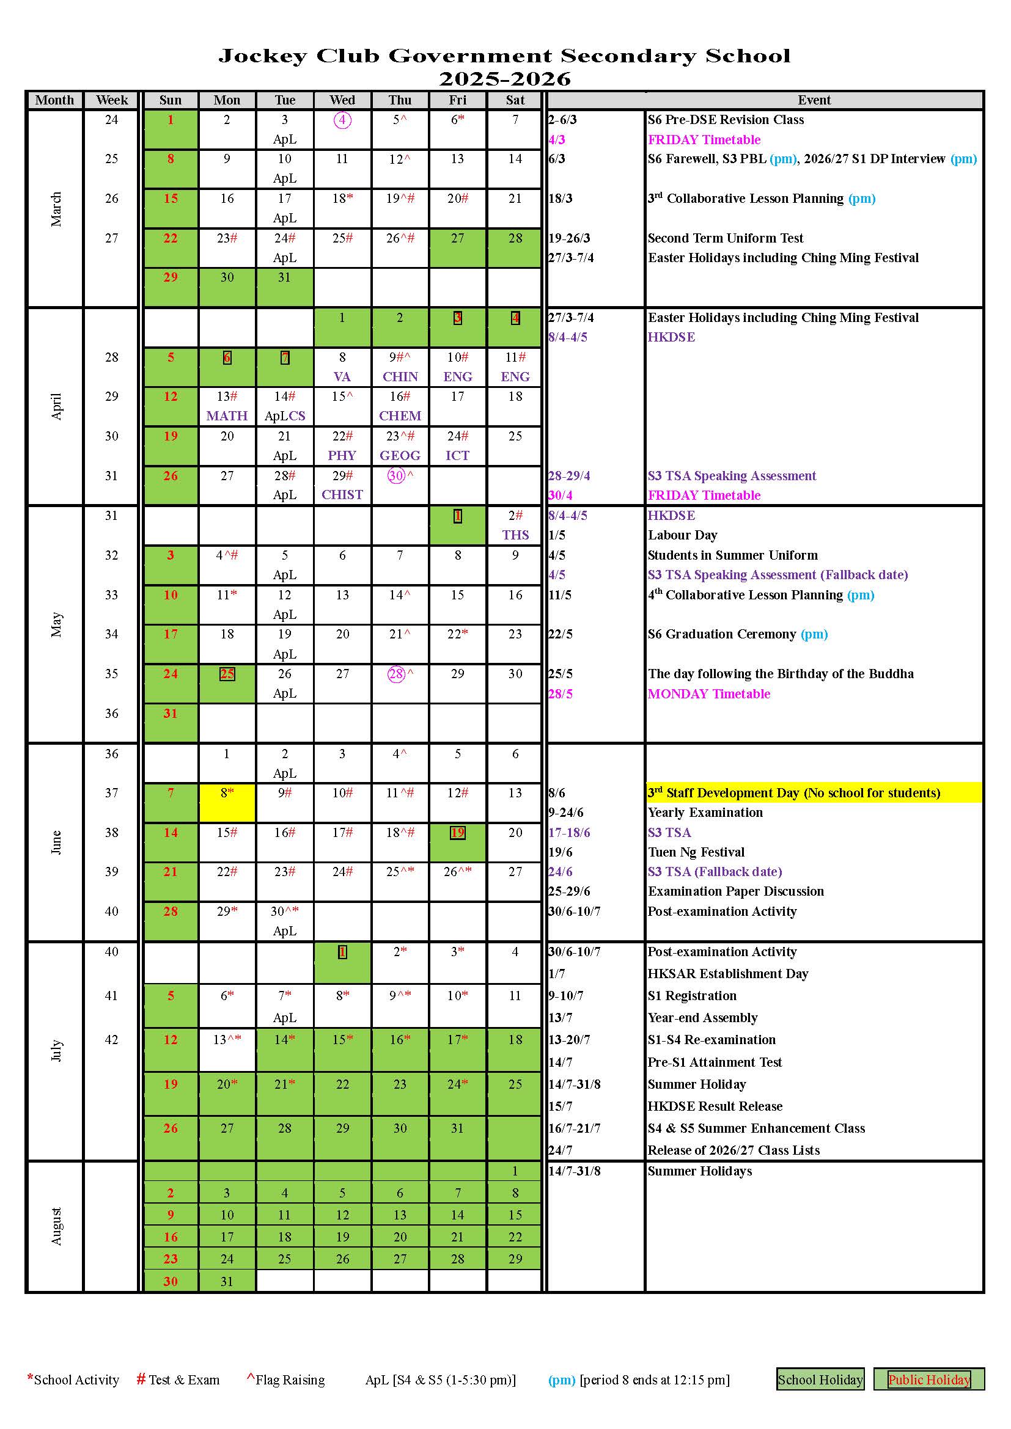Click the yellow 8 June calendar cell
(227, 802)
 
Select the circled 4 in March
(342, 120)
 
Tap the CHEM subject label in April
(400, 416)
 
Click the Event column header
(814, 100)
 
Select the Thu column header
(400, 100)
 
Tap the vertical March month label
(56, 208)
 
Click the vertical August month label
(56, 1226)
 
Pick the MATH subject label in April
(227, 416)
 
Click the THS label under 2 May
(515, 535)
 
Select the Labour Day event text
(682, 535)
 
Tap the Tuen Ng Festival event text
(696, 852)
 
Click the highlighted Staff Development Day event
(794, 793)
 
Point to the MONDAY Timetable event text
(708, 694)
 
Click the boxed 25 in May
(227, 674)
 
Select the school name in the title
(504, 56)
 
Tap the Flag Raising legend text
(290, 1380)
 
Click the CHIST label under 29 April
(342, 495)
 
